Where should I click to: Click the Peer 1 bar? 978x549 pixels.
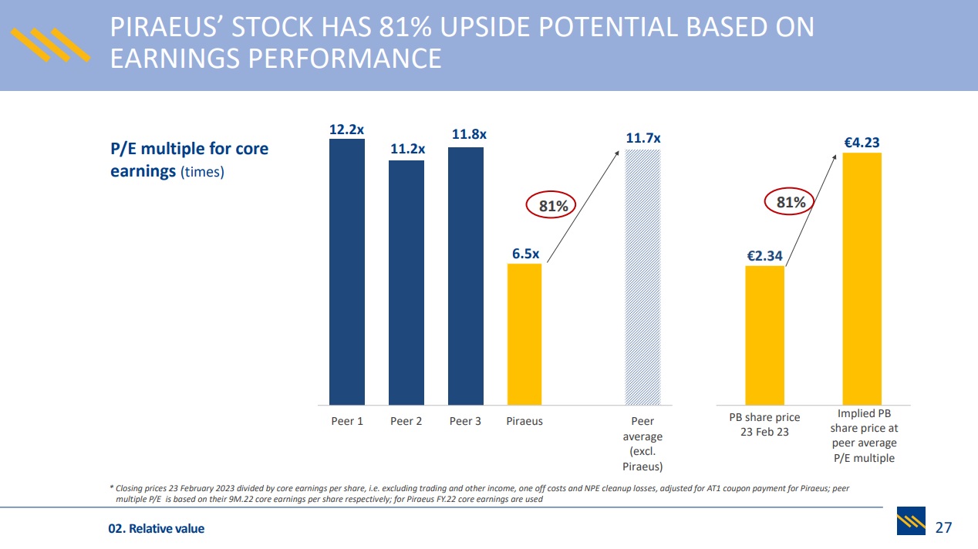coord(347,271)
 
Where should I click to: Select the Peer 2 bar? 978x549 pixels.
coord(406,282)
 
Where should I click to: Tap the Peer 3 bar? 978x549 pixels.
coord(466,275)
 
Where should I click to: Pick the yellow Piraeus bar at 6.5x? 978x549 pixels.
coord(524,334)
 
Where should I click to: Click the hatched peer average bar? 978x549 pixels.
coord(642,277)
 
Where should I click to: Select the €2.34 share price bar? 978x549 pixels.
coord(764,335)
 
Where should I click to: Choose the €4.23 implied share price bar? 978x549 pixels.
coord(862,278)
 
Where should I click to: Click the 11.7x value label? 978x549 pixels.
coord(642,139)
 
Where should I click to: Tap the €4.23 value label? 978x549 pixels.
coord(862,143)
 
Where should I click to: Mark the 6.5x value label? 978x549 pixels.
coord(525,254)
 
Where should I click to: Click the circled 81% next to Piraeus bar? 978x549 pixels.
coord(553,206)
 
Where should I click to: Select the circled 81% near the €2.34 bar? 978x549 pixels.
coord(791,203)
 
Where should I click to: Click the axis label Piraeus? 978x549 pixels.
coord(524,421)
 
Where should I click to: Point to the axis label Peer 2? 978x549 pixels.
coord(406,421)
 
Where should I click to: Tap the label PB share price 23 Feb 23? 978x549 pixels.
coord(764,424)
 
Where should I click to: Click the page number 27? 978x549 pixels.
coord(943,528)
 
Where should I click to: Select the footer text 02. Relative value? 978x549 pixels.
coord(156,529)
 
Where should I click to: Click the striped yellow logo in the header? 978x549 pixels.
coord(49,45)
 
